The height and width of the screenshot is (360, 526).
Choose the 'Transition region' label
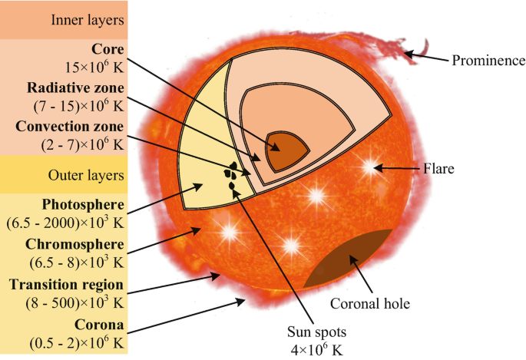67,285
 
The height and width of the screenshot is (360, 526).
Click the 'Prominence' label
488,60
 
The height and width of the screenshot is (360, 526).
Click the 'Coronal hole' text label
370,302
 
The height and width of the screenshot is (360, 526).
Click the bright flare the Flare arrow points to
372,167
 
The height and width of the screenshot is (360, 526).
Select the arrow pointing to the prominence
426,56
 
